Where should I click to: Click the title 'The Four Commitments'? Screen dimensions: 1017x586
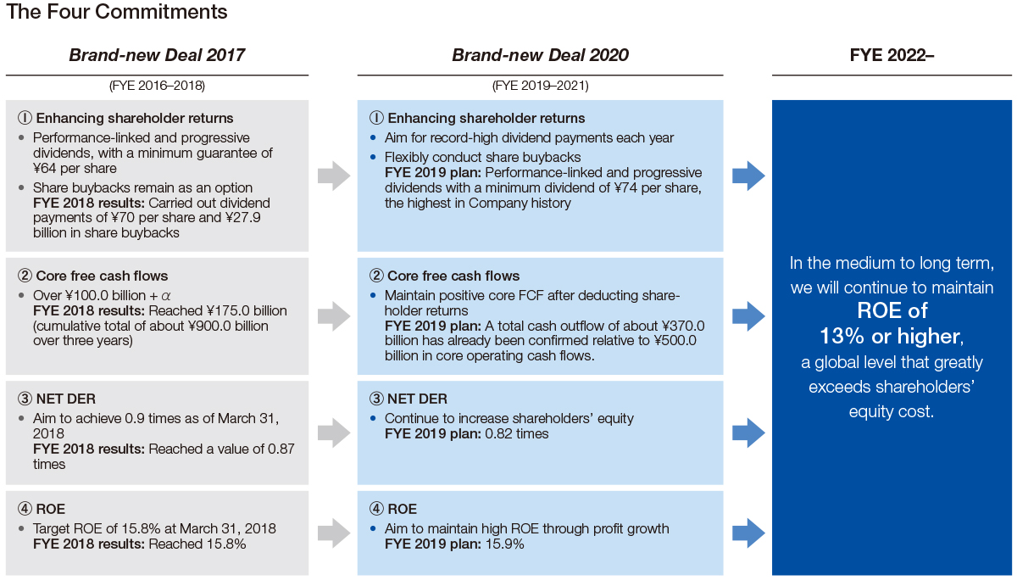click(x=116, y=12)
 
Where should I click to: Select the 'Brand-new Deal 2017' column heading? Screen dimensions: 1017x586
click(x=157, y=55)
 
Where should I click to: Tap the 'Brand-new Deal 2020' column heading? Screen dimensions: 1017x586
click(x=540, y=55)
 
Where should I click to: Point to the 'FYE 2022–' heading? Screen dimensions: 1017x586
click(x=892, y=55)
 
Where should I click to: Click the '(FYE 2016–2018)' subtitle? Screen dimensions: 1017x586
click(x=157, y=86)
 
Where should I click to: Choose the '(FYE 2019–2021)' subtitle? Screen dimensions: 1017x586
click(x=541, y=86)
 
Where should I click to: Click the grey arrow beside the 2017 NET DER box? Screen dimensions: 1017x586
click(x=334, y=433)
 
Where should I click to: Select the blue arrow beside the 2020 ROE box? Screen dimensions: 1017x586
click(x=748, y=533)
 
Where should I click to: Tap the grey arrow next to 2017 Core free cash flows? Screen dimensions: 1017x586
click(x=334, y=315)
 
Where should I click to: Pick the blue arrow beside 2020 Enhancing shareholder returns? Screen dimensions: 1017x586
click(x=748, y=176)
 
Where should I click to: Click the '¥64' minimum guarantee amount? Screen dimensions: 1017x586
click(x=44, y=169)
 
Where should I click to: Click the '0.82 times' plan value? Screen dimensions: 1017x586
click(x=517, y=434)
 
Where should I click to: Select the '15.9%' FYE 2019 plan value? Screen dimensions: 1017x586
click(x=504, y=544)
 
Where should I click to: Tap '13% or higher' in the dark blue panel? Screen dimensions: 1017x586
click(x=892, y=336)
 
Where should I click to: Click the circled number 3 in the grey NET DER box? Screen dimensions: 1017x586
click(x=25, y=399)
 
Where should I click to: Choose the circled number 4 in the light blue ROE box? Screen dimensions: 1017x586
click(x=376, y=509)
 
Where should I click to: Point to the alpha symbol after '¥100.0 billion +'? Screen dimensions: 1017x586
click(x=166, y=296)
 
